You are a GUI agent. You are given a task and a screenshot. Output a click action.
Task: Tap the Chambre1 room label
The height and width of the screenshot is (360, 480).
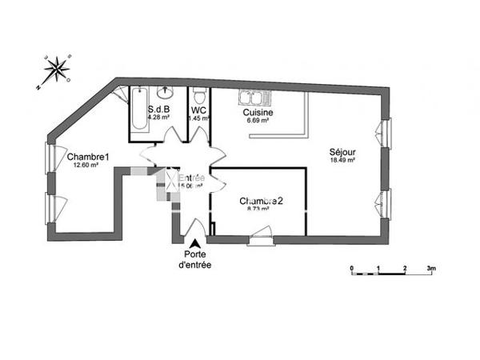[x=88, y=157]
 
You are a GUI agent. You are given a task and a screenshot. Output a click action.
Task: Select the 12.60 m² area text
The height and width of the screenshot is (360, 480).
[x=86, y=166]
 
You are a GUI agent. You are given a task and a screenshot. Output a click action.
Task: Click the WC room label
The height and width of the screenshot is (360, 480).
[x=199, y=111]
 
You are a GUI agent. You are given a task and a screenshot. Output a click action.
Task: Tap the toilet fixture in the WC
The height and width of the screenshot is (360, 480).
[x=199, y=95]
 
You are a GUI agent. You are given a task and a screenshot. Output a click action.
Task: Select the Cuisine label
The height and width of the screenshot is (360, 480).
[x=258, y=113]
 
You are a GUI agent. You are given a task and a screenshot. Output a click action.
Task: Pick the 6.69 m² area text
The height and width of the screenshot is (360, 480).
[x=258, y=122]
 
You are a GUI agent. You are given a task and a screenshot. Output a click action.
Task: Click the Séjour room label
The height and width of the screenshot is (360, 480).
[x=342, y=152]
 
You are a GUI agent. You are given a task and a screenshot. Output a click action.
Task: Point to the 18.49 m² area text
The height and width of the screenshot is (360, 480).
[x=342, y=161]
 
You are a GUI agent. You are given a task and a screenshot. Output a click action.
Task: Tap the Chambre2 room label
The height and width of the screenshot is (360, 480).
[x=261, y=201]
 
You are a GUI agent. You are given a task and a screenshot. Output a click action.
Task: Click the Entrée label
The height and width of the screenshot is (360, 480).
[x=191, y=178]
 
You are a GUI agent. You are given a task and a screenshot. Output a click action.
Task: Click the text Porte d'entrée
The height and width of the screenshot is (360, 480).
[x=194, y=260]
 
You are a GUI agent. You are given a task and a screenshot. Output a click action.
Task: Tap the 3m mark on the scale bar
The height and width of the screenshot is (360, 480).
[x=431, y=268]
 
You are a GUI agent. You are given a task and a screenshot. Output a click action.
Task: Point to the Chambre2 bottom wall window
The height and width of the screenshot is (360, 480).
[x=260, y=238]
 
